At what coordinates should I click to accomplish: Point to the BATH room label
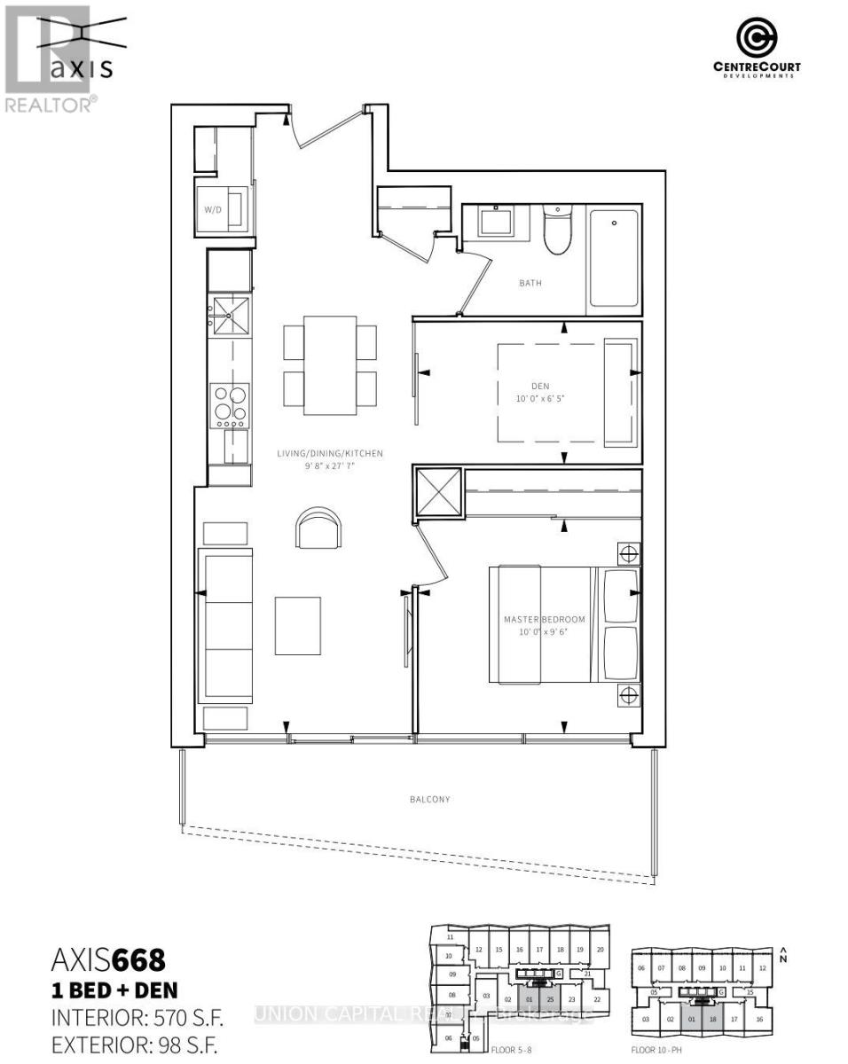[530, 283]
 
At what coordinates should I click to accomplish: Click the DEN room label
[541, 386]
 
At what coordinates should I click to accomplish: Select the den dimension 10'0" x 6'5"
[541, 399]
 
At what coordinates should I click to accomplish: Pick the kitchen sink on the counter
[229, 314]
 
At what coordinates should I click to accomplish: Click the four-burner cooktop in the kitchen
[229, 405]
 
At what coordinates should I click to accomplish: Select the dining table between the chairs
[330, 364]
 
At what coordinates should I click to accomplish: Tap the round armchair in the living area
[318, 529]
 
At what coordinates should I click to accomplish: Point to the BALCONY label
[430, 799]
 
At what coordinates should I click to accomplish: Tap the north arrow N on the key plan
[783, 956]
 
